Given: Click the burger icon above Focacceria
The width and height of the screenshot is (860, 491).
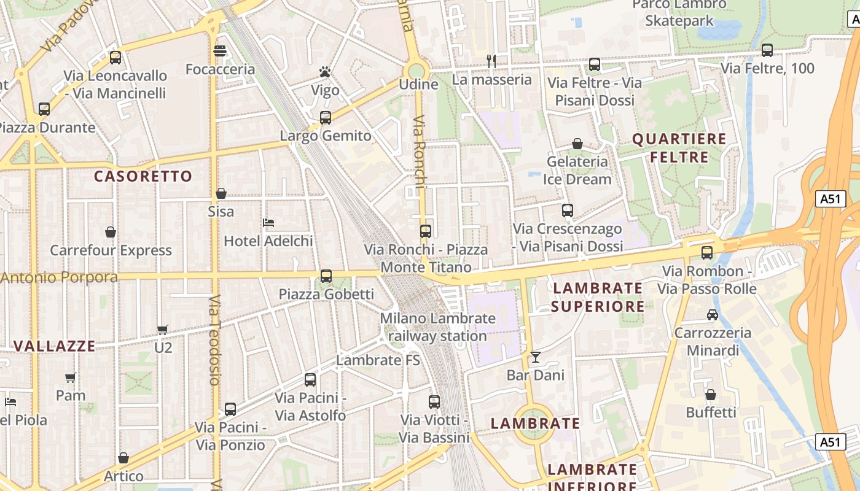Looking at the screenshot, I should tap(220, 50).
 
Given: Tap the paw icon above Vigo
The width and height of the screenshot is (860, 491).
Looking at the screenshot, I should tap(325, 72).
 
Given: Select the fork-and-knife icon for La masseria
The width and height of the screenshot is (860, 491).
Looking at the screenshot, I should tap(491, 61).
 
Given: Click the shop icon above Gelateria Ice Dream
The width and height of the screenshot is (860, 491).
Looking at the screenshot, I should tap(577, 144).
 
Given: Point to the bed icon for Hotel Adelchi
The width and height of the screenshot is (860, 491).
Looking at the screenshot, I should tap(268, 222).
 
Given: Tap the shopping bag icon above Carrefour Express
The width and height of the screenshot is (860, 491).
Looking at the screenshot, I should tap(111, 232).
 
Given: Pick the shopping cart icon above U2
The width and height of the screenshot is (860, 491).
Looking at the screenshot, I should tap(163, 330).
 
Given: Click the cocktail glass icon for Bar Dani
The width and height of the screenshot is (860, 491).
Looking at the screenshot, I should tap(536, 357).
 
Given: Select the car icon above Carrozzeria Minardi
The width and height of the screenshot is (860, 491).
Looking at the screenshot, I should tap(712, 315).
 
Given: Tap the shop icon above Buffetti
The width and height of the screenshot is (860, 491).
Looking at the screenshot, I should tap(711, 394).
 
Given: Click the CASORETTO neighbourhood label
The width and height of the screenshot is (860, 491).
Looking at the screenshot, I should tap(143, 177).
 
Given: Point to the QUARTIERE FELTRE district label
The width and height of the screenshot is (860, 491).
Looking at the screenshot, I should tap(679, 148).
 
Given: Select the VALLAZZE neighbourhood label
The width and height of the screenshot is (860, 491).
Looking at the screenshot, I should tap(55, 346).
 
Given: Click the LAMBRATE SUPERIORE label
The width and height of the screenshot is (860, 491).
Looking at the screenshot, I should tap(598, 297).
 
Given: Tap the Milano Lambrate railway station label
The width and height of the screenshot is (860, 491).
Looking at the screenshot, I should tap(437, 327).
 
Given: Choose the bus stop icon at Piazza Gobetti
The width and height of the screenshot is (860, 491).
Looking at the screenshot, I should tap(326, 276).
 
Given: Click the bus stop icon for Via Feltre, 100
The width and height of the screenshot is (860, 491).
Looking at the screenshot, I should tap(767, 50).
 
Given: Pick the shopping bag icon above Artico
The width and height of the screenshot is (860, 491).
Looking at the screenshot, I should tap(123, 458).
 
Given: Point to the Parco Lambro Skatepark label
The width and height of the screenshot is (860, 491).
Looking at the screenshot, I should tap(679, 12).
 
